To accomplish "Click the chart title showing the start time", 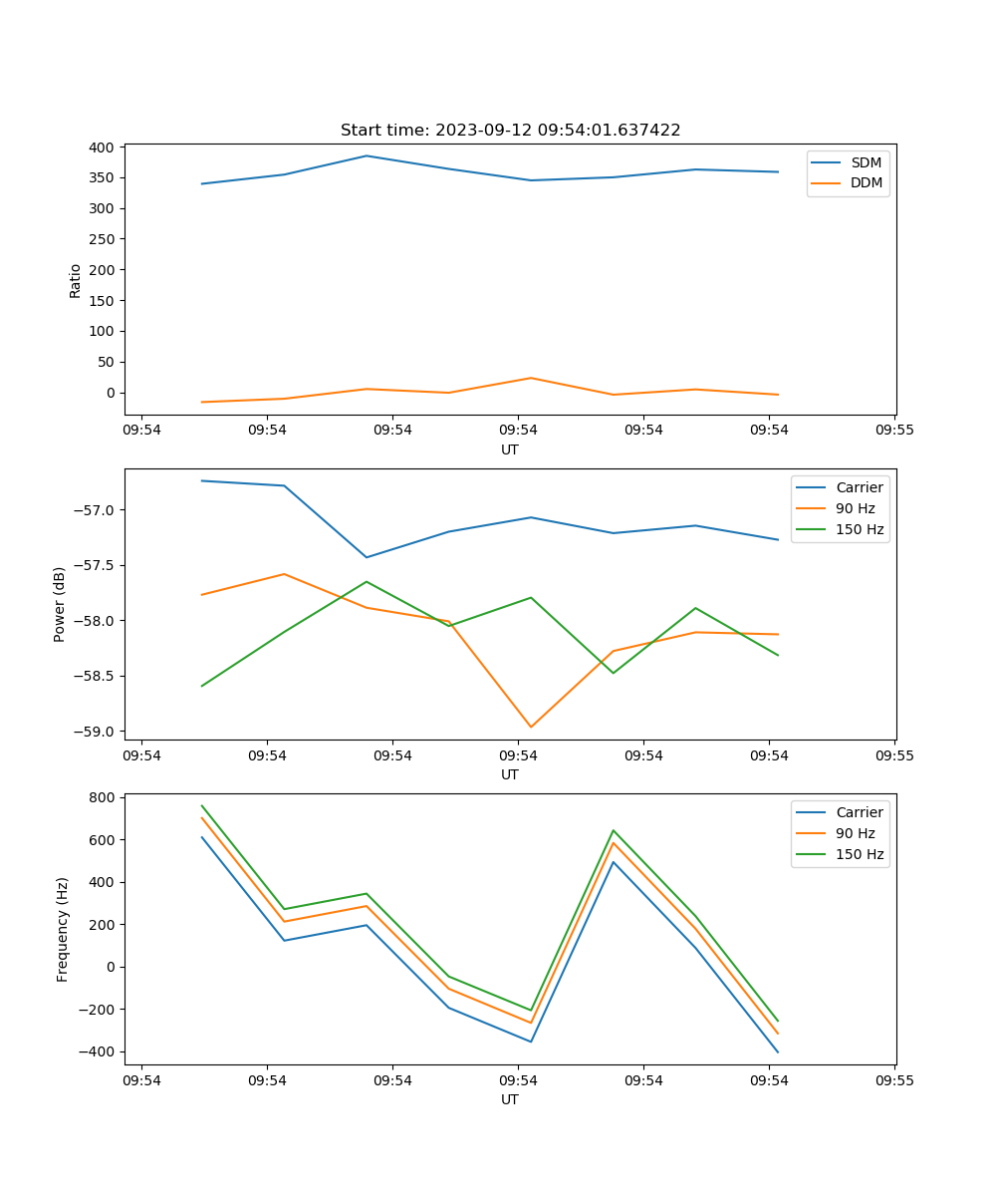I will coord(510,131).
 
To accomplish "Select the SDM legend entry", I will coord(866,162).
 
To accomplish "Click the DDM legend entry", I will coord(866,182).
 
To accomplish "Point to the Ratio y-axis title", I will coord(75,280).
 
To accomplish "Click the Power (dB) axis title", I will coord(60,604).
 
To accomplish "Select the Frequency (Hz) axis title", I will coord(62,929).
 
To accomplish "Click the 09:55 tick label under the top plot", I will coord(894,431).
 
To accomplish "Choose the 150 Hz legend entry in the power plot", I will coord(860,529).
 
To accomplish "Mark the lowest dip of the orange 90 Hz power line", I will coord(531,727).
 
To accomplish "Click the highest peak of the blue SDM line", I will coord(367,155).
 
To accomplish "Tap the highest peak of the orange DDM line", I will coord(531,378).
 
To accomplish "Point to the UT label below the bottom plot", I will coord(510,1099).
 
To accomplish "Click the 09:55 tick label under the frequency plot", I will coord(894,1080).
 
